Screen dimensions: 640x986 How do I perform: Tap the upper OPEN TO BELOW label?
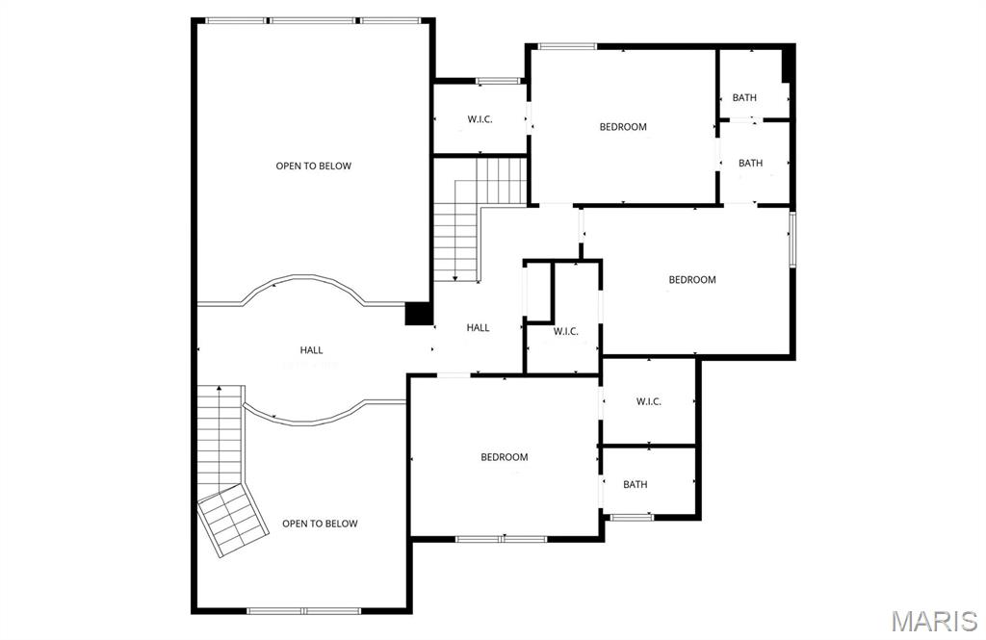[314, 166]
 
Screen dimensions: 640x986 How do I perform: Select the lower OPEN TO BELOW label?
[320, 524]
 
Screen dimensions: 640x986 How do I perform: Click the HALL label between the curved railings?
[311, 350]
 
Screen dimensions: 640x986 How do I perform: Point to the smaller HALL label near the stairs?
[478, 327]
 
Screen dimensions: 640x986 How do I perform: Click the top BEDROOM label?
[623, 127]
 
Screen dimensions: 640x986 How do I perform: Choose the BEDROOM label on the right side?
[692, 280]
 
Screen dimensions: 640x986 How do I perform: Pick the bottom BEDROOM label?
[505, 457]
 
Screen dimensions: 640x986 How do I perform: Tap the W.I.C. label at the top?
[480, 119]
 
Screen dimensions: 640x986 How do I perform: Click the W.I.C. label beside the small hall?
[566, 332]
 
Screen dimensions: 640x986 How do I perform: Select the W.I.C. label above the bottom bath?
[649, 401]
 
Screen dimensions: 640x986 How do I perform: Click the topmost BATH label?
[744, 97]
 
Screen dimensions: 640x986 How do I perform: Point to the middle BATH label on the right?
[751, 163]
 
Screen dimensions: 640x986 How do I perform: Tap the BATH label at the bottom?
[636, 484]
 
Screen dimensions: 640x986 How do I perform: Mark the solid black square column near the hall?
[418, 314]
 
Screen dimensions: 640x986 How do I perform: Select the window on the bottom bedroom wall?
[501, 539]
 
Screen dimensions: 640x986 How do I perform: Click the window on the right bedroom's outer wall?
[792, 239]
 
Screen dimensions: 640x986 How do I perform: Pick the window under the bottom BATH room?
[632, 517]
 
